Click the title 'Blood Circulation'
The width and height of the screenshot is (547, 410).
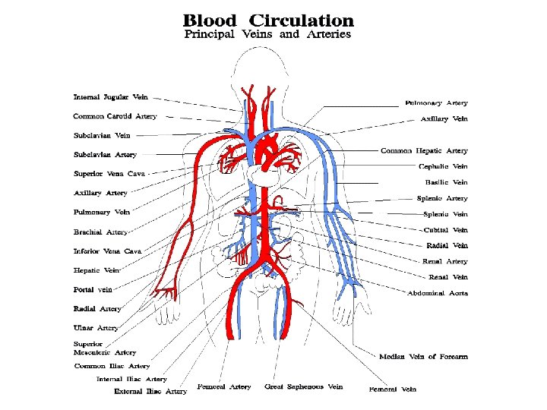[268, 20]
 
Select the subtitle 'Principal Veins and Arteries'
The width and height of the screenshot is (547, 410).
[268, 35]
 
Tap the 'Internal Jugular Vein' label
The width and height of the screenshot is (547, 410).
[111, 97]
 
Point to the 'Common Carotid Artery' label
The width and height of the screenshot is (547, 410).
[115, 116]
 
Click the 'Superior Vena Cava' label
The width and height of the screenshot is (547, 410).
[109, 174]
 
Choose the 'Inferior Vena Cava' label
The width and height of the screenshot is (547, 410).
[107, 251]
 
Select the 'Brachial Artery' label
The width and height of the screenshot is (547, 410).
[100, 232]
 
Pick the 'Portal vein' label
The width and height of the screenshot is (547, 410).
[93, 289]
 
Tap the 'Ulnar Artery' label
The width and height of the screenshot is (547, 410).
[96, 328]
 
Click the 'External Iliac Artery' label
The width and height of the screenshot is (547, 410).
[150, 392]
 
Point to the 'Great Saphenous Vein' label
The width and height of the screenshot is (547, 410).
[304, 387]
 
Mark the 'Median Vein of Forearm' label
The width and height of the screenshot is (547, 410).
[423, 356]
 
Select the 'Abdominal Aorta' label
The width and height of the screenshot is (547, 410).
[438, 293]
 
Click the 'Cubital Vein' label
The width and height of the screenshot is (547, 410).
[445, 229]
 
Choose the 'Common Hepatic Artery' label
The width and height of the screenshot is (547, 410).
[424, 150]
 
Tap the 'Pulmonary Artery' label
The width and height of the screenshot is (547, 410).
[436, 102]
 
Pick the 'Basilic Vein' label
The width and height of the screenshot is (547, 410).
[446, 182]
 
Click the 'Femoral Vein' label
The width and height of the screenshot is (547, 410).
[393, 389]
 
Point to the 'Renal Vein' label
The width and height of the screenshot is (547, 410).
[448, 277]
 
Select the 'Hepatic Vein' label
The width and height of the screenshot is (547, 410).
[96, 270]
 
